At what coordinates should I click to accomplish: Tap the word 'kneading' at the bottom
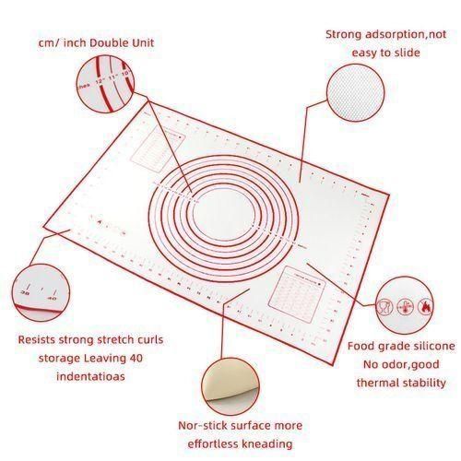[x=267, y=443]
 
